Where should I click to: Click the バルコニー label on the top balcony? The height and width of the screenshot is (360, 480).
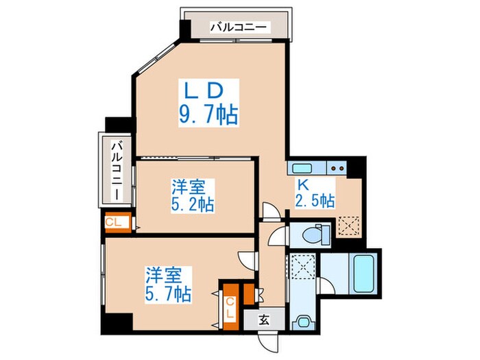point(240,28)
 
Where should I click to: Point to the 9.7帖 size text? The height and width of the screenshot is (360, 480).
point(209,113)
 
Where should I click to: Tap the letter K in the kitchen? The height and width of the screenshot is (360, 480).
point(302,184)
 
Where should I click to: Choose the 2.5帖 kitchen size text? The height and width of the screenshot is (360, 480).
point(315,201)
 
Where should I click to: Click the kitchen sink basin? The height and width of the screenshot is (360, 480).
point(301,167)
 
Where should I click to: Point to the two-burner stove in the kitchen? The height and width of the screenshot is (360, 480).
point(336,167)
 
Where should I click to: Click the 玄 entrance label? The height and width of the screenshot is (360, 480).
point(265,319)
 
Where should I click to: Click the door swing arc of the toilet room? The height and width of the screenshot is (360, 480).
point(278,237)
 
